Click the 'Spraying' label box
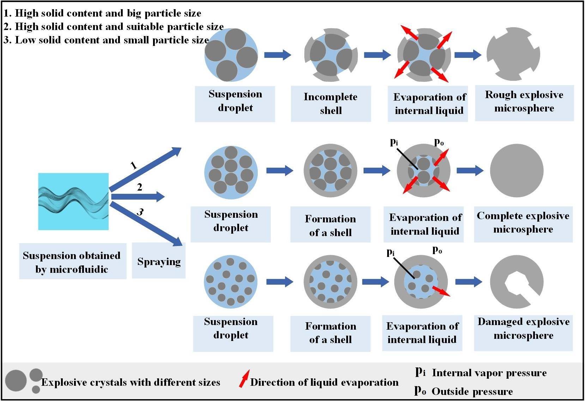159,260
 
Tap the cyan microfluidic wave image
73,202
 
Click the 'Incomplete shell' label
331,104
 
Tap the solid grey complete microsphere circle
517,170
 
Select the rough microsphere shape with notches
513,54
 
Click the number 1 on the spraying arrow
133,165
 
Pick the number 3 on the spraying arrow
140,212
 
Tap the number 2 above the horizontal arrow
140,187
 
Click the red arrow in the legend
244,378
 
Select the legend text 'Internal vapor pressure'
489,373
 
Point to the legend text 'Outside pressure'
472,391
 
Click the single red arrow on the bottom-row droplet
441,291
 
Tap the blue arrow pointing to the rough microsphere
468,55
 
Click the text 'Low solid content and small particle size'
106,40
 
